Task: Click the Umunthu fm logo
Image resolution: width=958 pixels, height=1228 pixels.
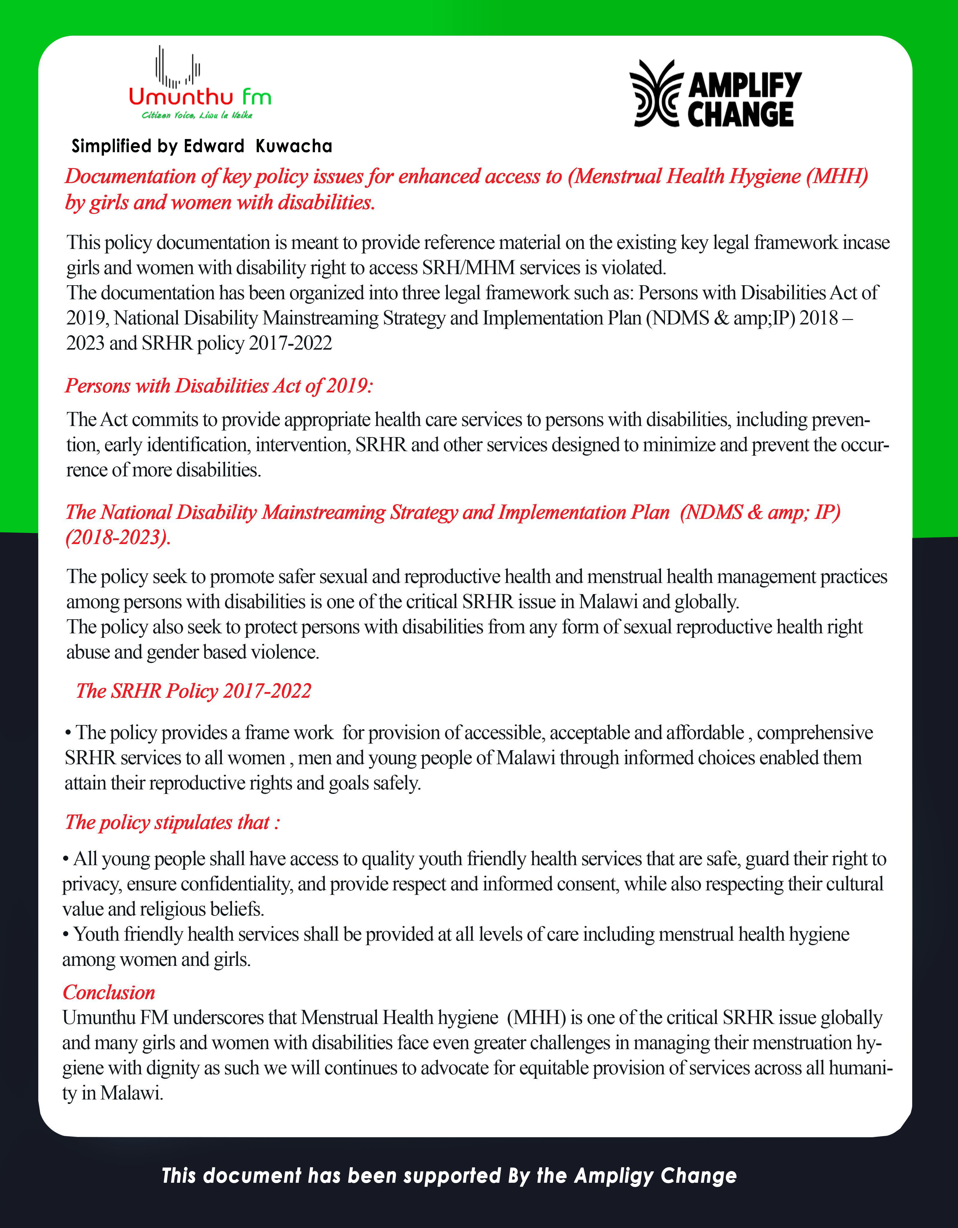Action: point(199,84)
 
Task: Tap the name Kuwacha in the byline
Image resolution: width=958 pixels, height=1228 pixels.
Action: point(294,146)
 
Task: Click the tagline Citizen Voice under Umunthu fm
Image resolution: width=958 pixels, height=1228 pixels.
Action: point(197,115)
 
